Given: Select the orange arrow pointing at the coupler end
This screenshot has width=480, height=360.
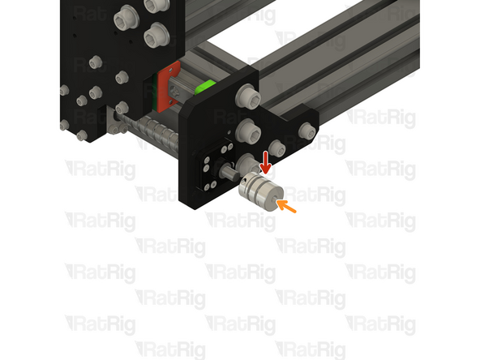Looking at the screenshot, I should pyautogui.click(x=285, y=207).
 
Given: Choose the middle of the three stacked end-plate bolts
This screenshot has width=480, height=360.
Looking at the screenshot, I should pyautogui.click(x=247, y=129).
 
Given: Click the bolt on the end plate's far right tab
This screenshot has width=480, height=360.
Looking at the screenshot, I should pyautogui.click(x=306, y=131).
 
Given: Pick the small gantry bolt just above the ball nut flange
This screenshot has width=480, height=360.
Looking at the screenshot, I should pyautogui.click(x=122, y=105).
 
